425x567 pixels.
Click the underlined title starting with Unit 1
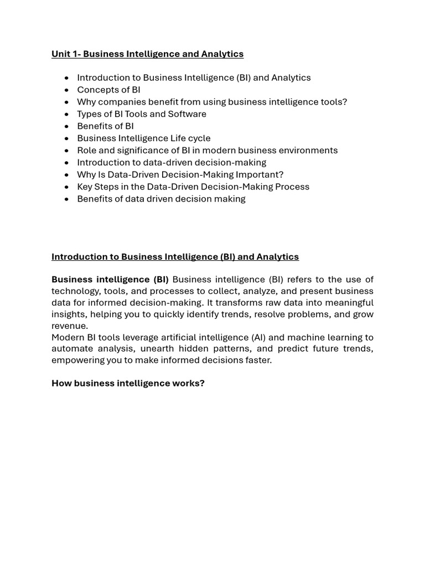click(x=147, y=54)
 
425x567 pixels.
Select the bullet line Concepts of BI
click(x=108, y=90)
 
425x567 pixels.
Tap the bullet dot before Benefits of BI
click(x=66, y=126)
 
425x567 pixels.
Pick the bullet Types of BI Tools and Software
click(x=142, y=114)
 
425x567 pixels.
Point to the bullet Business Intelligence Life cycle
click(x=144, y=138)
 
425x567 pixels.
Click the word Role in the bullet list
click(x=87, y=151)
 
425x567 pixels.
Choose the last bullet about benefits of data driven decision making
click(x=161, y=199)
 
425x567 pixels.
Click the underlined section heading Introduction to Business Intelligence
click(x=175, y=257)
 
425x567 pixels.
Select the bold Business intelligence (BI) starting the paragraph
click(x=110, y=280)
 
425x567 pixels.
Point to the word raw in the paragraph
click(x=270, y=303)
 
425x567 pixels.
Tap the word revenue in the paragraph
click(x=69, y=326)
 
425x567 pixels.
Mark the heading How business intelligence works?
click(x=128, y=383)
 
